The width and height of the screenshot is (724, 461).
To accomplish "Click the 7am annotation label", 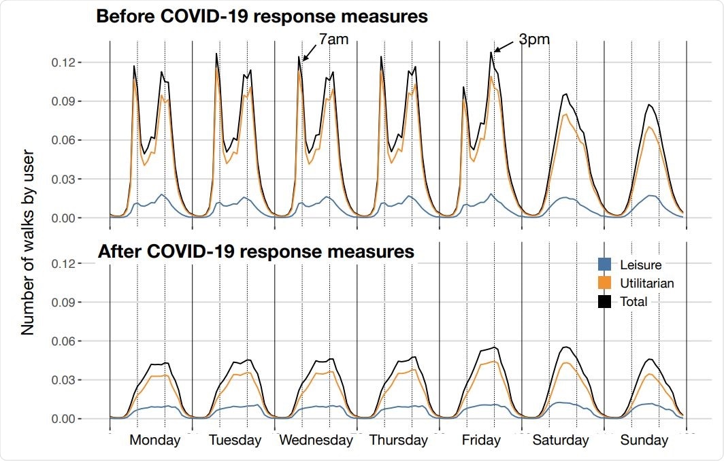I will tap(333, 40).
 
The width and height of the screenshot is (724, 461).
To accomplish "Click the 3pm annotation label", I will tap(534, 40).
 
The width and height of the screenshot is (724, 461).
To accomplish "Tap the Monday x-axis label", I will tap(154, 440).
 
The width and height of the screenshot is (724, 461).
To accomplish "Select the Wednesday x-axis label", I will tap(316, 440).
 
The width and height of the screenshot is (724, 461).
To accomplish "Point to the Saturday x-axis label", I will tap(560, 440).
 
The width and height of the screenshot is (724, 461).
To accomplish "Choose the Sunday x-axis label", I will tap(644, 440).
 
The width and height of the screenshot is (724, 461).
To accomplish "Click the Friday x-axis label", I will tap(480, 440).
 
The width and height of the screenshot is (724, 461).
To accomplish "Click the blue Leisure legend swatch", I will tap(604, 265).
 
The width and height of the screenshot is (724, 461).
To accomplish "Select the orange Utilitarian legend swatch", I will tap(604, 283).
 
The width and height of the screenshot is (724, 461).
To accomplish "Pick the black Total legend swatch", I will tap(604, 301).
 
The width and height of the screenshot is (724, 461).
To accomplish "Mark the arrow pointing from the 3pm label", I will tap(504, 47).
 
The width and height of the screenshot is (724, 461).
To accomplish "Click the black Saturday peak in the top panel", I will tap(565, 95).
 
